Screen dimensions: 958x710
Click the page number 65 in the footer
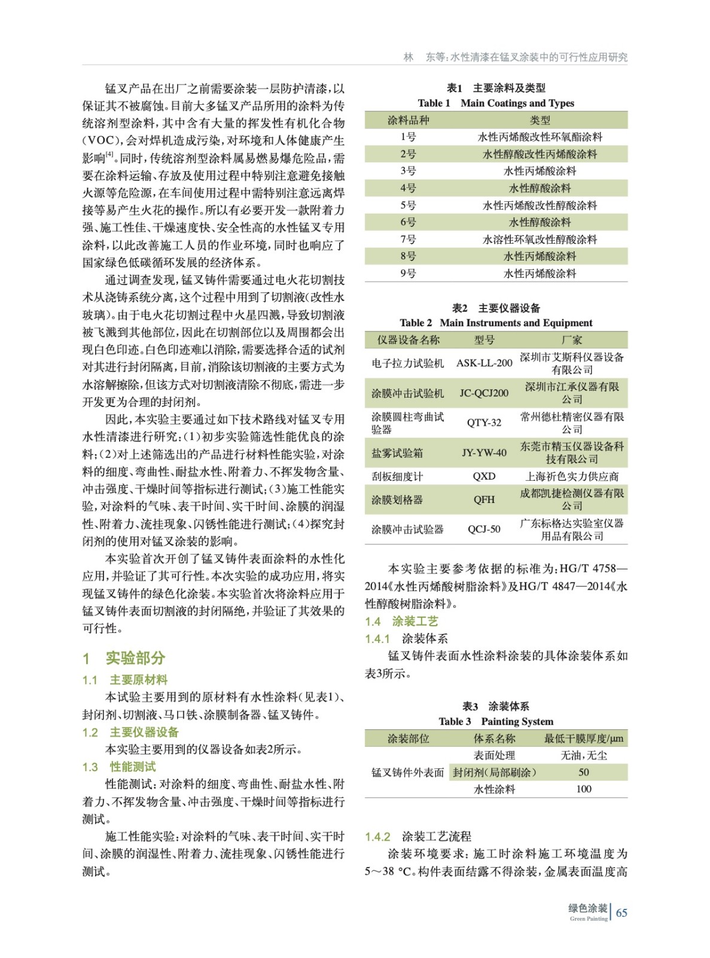pos(621,912)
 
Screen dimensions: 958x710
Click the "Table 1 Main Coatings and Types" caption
pos(496,103)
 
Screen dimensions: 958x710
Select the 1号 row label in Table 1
pos(408,137)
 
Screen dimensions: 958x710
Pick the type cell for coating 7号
pos(540,239)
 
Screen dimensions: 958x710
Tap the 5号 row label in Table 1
pos(408,205)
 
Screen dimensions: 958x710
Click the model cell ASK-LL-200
pos(484,363)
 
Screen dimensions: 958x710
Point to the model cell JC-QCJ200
pos(484,393)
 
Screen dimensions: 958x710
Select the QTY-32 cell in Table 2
pos(484,423)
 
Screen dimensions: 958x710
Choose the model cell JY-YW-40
pos(484,453)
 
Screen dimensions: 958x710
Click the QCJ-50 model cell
pos(484,529)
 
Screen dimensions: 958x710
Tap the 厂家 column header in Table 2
pos(571,340)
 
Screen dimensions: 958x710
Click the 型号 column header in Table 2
pos(484,340)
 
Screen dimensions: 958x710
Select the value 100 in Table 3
pos(583,789)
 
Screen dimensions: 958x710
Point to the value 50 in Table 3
pos(583,772)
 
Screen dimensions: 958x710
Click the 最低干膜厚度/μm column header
pos(583,739)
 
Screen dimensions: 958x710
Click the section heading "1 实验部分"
pos(124,658)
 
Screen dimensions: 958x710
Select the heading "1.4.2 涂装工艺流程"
pos(418,836)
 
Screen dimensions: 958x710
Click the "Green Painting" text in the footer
pos(588,919)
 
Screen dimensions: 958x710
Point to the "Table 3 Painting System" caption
pos(496,721)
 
